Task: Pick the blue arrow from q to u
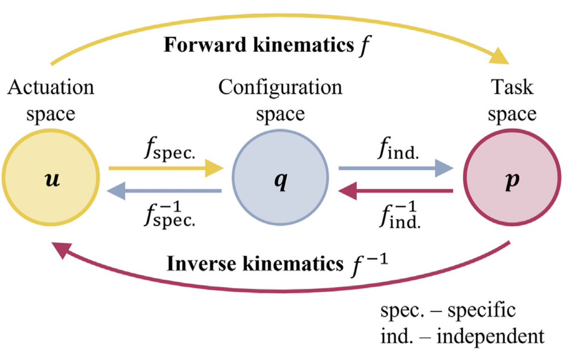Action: pyautogui.click(x=165, y=192)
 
